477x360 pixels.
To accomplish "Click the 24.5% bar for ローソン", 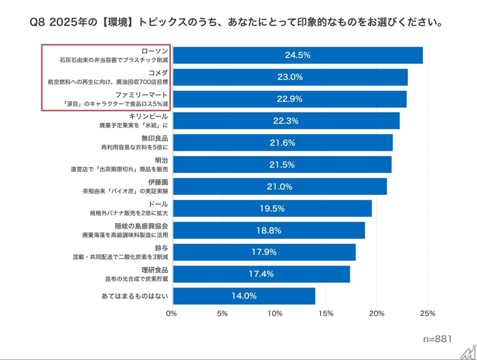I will (x=298, y=55).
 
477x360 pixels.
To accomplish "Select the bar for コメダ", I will (x=290, y=77).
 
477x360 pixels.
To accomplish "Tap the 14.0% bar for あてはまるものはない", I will (x=244, y=296).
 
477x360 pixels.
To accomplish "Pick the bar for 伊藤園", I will (x=280, y=187).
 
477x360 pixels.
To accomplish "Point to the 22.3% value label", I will (x=286, y=121).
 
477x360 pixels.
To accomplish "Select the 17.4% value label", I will (x=261, y=274).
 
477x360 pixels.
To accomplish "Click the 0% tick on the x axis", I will (x=171, y=313).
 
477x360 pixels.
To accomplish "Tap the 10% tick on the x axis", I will (x=275, y=313).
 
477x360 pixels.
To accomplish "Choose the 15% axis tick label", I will (x=326, y=313).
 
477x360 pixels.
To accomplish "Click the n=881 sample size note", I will (x=437, y=338).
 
